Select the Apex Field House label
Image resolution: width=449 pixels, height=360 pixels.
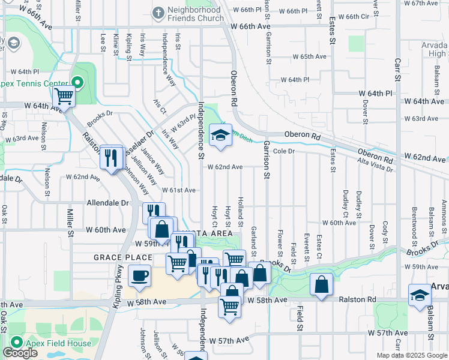coord(58,343)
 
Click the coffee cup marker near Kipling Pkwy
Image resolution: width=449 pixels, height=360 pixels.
coord(140,277)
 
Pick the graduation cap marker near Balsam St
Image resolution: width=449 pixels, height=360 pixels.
coord(420,296)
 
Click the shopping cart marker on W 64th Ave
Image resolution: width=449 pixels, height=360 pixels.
coord(64,96)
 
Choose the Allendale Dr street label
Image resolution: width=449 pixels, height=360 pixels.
coord(108,203)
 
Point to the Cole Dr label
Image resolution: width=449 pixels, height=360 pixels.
coord(284,152)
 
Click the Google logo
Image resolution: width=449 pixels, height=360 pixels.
coord(20,353)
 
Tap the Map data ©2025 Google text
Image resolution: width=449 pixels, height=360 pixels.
coord(411,355)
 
